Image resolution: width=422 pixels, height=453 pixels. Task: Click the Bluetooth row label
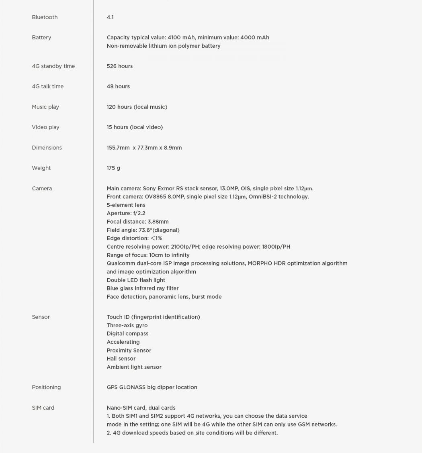click(45, 17)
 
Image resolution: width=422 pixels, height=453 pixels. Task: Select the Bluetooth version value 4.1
click(110, 17)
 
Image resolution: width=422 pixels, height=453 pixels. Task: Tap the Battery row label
click(41, 37)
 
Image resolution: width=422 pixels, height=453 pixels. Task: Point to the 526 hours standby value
click(119, 66)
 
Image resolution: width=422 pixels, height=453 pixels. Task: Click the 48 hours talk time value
click(118, 86)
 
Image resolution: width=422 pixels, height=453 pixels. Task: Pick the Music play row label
click(45, 107)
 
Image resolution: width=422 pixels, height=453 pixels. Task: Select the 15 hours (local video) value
click(135, 127)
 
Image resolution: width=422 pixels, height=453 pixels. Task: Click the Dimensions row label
click(47, 148)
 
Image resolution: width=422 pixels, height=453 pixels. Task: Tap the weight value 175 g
click(113, 168)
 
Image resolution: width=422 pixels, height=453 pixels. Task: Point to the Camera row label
click(42, 188)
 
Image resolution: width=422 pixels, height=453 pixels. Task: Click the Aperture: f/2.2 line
click(126, 213)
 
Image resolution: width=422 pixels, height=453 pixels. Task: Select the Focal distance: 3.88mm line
click(137, 222)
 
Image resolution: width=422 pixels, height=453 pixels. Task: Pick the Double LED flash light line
click(136, 280)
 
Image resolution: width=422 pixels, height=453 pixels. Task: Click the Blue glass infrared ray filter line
click(143, 288)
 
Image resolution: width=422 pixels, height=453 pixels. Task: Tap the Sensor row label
click(41, 317)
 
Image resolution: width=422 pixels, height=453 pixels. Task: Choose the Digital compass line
click(127, 334)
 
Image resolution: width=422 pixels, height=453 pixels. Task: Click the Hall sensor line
click(121, 359)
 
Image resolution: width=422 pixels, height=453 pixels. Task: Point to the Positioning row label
click(46, 387)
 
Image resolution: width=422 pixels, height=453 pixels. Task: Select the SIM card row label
click(43, 408)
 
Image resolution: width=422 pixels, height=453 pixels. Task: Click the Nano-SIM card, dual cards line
click(141, 408)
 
